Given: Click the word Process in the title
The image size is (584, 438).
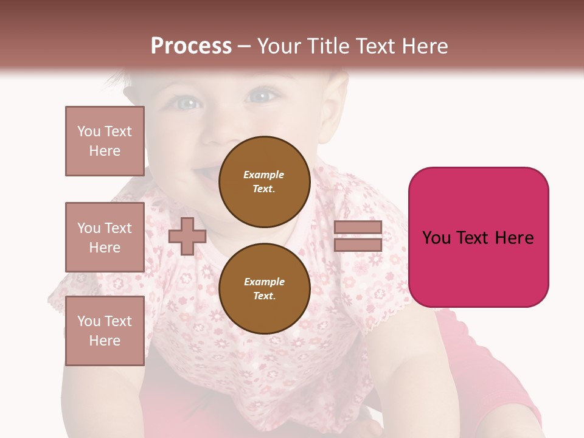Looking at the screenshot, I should (x=191, y=46).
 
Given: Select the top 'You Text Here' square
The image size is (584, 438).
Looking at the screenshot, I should (x=105, y=141).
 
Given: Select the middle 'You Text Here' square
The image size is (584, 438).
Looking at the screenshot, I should (x=105, y=237).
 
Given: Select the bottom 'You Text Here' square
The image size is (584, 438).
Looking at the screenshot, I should (x=105, y=331).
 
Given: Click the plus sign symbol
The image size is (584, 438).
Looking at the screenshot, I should (x=187, y=236).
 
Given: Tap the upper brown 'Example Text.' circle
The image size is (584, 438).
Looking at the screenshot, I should (x=264, y=181).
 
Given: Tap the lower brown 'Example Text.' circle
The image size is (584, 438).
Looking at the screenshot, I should (x=264, y=288).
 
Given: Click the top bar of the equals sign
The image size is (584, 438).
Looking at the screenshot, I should (x=358, y=228).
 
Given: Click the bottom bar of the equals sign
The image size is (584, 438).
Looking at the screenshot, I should (x=358, y=245).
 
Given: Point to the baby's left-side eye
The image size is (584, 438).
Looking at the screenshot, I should (x=189, y=103).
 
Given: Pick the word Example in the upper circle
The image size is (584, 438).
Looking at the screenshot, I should (x=264, y=175).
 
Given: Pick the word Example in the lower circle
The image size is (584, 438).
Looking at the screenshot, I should (x=264, y=282).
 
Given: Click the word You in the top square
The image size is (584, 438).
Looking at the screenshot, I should (x=88, y=131).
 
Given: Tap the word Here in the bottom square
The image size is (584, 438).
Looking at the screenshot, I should (x=105, y=341).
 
